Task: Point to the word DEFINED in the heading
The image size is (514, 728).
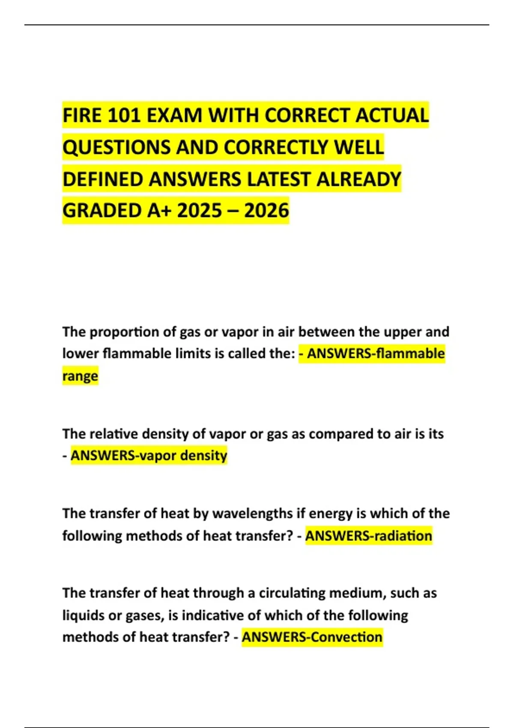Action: click(102, 179)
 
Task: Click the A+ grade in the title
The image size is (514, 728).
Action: click(159, 211)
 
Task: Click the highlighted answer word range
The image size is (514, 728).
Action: click(80, 376)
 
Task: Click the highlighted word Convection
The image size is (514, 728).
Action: click(347, 637)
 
